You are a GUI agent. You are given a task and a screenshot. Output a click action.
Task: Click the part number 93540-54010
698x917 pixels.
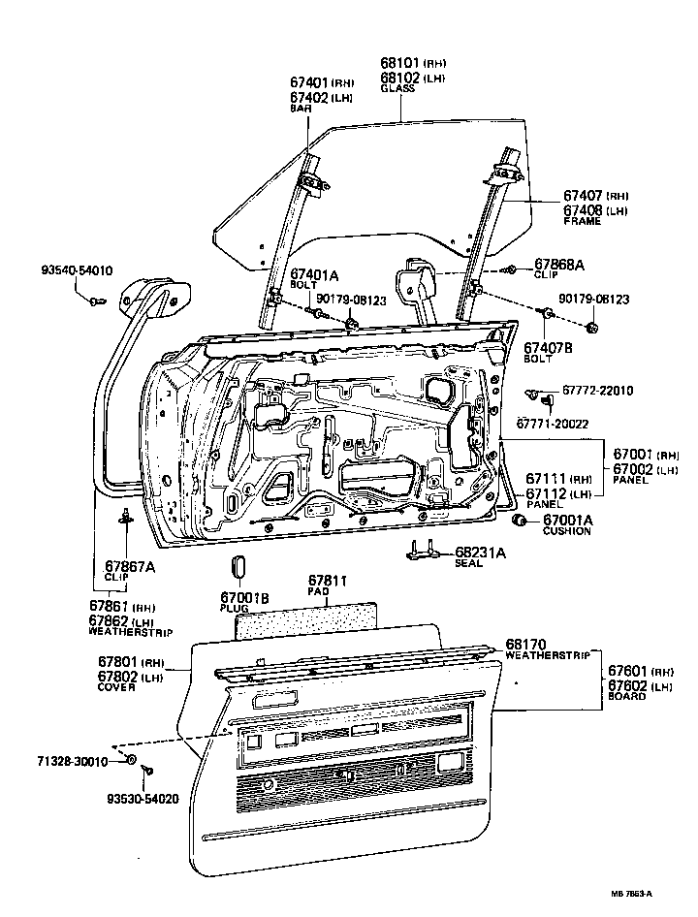(76, 270)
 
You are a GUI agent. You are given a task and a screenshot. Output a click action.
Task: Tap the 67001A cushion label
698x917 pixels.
(567, 520)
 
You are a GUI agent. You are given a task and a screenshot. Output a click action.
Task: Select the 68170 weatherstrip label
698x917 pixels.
(527, 642)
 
